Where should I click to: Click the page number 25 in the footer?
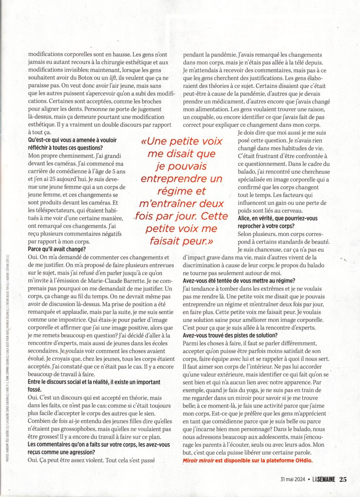click(x=343, y=480)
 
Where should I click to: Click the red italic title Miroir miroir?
click(x=200, y=460)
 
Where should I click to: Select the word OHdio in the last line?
click(x=302, y=460)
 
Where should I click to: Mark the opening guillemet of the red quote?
click(x=143, y=143)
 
